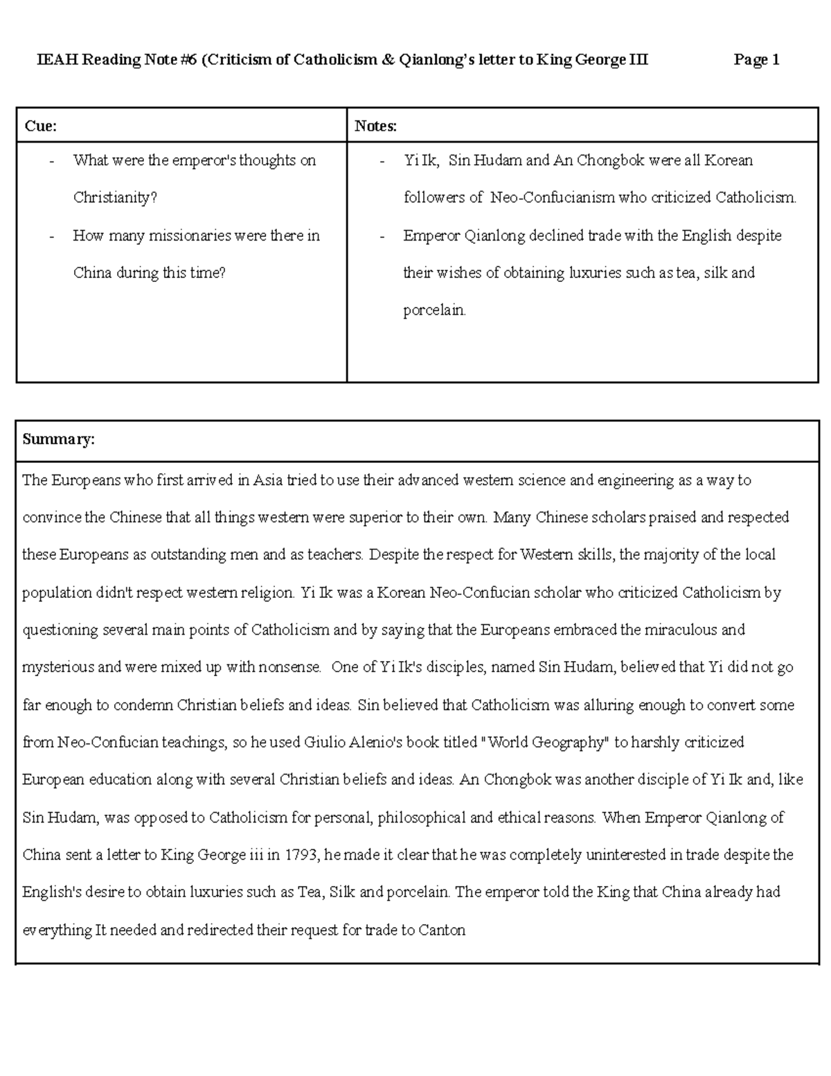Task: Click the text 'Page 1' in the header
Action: (756, 60)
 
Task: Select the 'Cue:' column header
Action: (41, 125)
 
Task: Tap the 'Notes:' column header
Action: (375, 125)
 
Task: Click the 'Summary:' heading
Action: (58, 439)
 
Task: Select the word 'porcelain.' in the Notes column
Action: (435, 310)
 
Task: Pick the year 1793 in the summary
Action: (300, 855)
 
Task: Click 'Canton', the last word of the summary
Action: (442, 930)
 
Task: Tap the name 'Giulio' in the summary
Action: (325, 743)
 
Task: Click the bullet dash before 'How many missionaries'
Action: (51, 236)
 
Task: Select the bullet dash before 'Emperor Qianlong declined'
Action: (382, 236)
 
